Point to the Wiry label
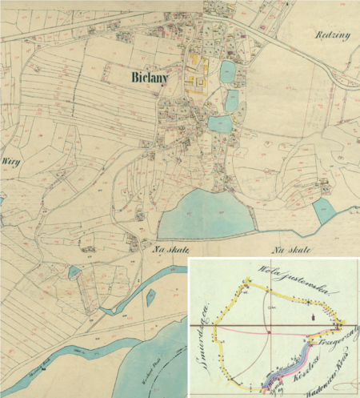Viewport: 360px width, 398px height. pyautogui.click(x=11, y=161)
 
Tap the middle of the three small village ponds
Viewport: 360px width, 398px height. pyautogui.click(x=231, y=99)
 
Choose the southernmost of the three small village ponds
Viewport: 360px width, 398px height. pyautogui.click(x=218, y=123)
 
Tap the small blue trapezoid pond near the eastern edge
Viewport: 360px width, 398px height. pyautogui.click(x=325, y=211)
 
